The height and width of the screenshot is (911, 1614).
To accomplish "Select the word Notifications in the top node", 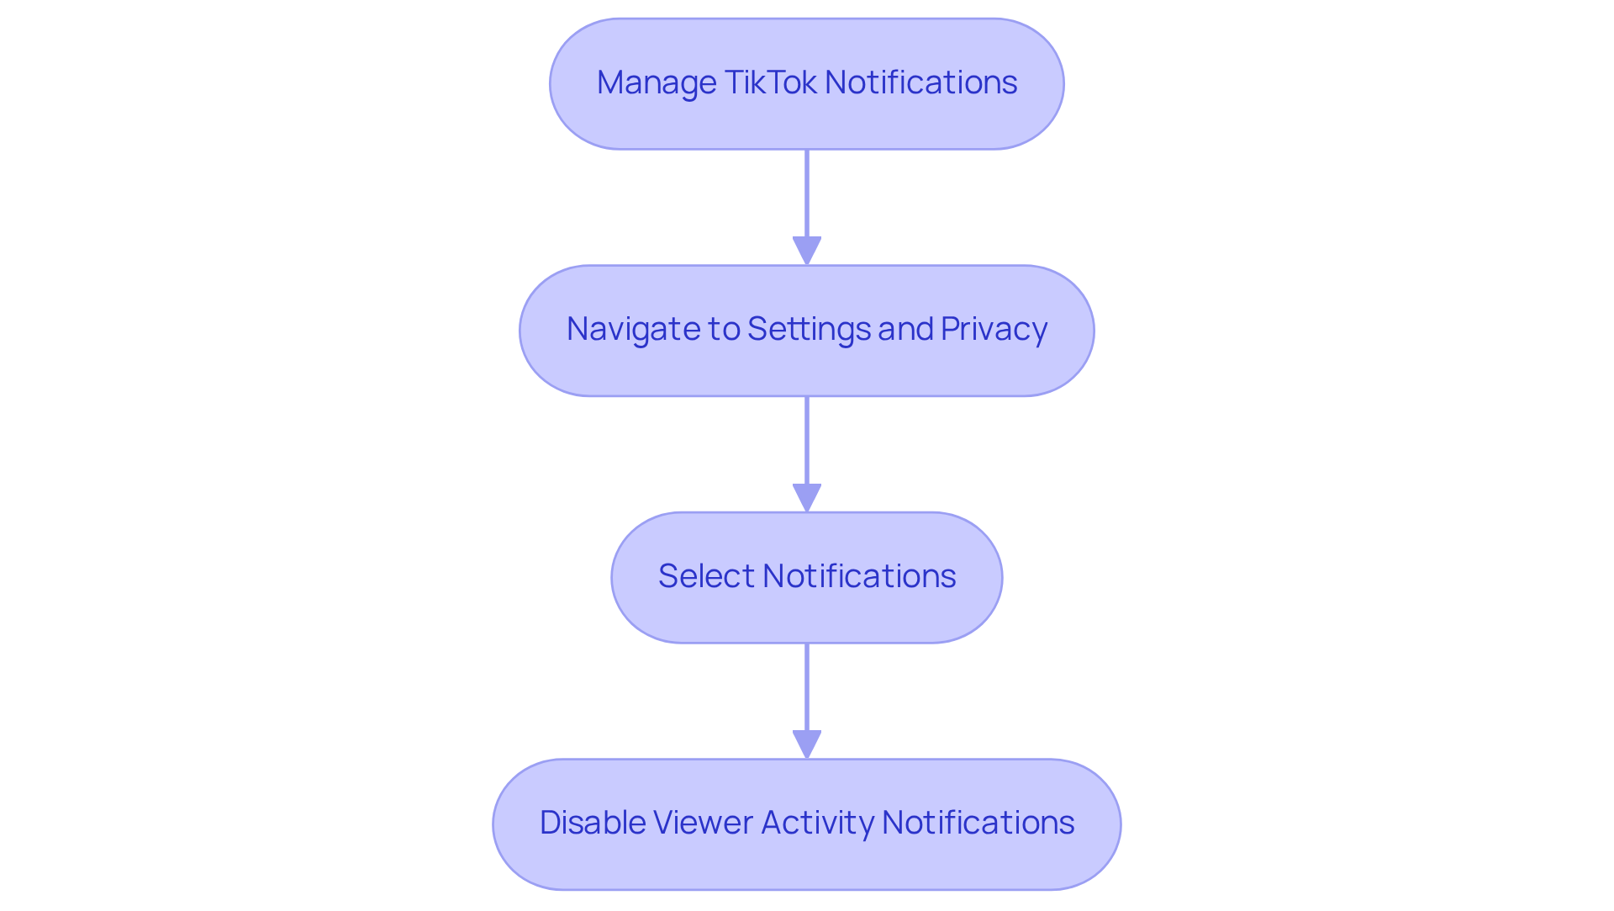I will [x=920, y=82].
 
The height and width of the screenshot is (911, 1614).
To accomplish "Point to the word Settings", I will [x=809, y=329].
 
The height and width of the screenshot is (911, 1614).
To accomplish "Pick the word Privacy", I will [x=994, y=329].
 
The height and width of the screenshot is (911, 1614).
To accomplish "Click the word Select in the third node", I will [x=706, y=576].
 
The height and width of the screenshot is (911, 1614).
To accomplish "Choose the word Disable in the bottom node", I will [x=592, y=823].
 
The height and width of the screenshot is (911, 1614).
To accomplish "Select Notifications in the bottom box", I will [x=978, y=823].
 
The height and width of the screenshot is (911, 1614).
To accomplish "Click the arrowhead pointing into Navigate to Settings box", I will [x=807, y=251].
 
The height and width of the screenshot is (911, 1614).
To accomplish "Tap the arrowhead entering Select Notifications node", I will [x=807, y=497].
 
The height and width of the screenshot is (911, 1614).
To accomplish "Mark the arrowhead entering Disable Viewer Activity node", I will [x=807, y=744].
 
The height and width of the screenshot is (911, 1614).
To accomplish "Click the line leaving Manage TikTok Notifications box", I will [x=807, y=193].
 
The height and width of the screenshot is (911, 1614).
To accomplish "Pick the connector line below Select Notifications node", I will [x=807, y=687].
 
